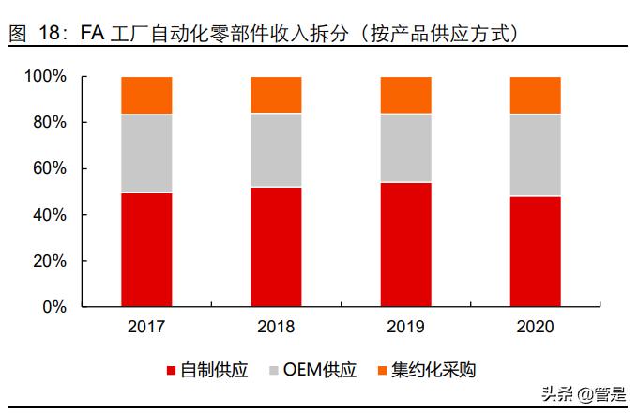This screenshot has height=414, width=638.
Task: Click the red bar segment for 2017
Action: [146, 250]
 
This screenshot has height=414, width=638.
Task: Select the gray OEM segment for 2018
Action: [276, 150]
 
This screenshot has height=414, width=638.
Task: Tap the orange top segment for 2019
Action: [405, 95]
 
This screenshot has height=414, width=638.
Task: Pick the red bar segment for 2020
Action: [535, 251]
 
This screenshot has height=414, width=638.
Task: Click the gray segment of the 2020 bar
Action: [535, 155]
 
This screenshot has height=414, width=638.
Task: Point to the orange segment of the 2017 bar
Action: [146, 96]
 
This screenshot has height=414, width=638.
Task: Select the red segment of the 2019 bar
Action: [405, 244]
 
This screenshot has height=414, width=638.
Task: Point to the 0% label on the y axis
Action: [54, 307]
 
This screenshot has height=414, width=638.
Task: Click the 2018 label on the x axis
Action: [276, 328]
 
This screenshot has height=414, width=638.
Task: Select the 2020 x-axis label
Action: [535, 328]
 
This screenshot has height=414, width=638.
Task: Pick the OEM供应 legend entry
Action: [325, 370]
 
